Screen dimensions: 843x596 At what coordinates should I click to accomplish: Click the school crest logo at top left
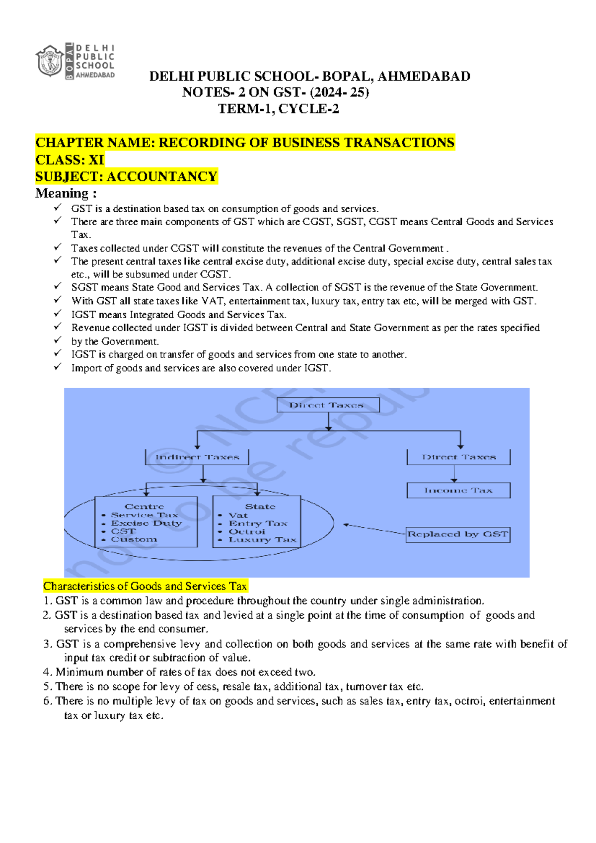pos(50,61)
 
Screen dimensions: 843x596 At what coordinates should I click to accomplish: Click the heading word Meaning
pos(62,193)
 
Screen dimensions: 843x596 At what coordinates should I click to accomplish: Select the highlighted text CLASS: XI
pos(70,160)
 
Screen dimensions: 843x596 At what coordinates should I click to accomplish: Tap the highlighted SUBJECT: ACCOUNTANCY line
pos(126,177)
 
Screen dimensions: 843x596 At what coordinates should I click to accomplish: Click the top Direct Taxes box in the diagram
pos(328,405)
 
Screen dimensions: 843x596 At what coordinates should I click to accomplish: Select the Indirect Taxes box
pos(197,457)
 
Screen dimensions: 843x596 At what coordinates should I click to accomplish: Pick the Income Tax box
pos(458,491)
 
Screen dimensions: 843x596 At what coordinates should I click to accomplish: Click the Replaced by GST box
pos(457,534)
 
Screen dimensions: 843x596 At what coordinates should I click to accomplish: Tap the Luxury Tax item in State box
pos(262,540)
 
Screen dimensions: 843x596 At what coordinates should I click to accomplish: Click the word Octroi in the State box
pos(247,531)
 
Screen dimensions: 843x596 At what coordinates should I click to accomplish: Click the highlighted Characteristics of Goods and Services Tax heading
pos(145,587)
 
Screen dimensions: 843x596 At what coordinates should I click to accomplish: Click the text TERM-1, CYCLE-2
pos(279,109)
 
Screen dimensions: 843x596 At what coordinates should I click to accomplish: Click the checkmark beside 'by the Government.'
pos(58,340)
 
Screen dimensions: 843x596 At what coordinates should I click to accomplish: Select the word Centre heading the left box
pos(144,506)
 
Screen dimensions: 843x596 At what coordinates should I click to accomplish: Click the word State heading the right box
pos(260,506)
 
